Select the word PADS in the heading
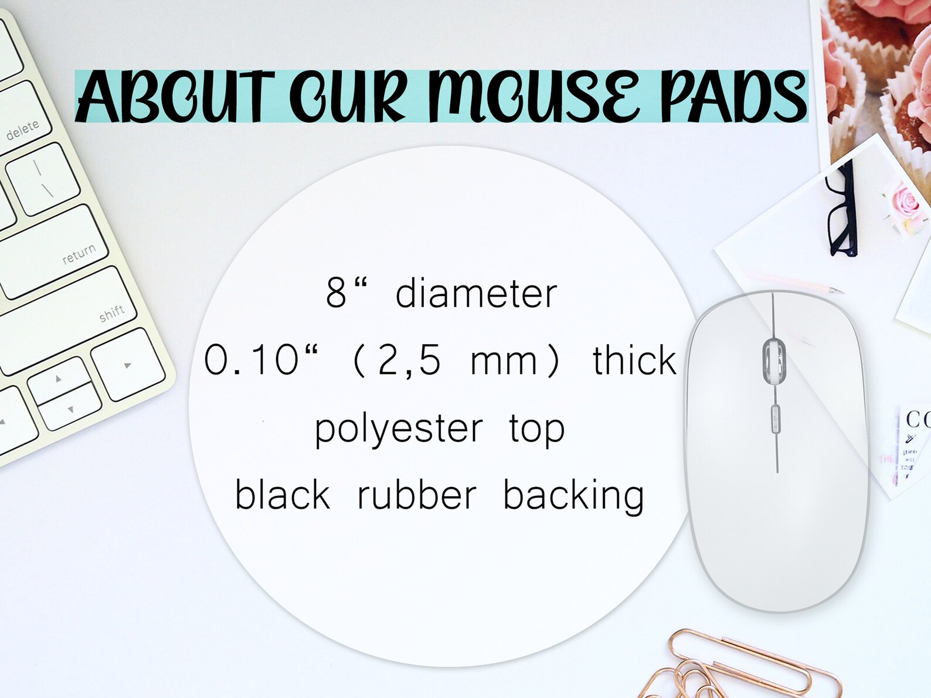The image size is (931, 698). [733, 97]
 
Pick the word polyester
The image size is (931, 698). [399, 428]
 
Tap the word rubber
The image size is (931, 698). [417, 495]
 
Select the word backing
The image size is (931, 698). [573, 496]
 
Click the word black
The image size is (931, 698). [283, 495]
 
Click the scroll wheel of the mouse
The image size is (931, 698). [774, 359]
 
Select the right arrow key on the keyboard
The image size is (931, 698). [127, 365]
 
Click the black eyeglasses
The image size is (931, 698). [841, 211]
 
